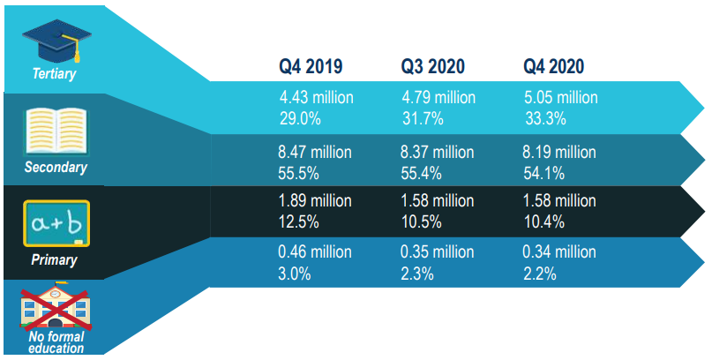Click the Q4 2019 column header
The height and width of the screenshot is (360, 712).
[311, 66]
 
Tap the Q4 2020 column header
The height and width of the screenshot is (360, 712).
[554, 66]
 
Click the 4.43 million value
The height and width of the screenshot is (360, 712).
[316, 97]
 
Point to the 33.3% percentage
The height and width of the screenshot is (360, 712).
[544, 117]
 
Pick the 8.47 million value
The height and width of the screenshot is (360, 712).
[316, 152]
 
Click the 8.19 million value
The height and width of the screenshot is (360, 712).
[559, 152]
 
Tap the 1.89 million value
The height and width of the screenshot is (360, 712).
[316, 202]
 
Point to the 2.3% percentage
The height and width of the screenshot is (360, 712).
[417, 274]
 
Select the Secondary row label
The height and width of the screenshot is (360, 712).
[55, 166]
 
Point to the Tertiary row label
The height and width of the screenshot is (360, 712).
[55, 74]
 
